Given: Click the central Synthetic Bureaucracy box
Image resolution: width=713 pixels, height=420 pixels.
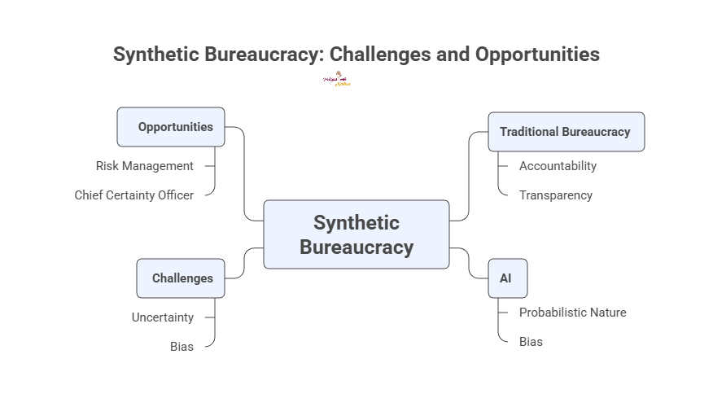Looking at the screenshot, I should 356,234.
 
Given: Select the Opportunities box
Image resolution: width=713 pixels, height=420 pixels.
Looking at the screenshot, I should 171,127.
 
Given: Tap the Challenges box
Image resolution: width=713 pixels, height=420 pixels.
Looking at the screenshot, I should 181,278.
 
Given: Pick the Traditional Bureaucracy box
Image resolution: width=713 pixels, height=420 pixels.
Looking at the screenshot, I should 566,132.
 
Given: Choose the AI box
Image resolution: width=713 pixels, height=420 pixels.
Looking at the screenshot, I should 507,278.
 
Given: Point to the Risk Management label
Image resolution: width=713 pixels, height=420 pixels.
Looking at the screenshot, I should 145,166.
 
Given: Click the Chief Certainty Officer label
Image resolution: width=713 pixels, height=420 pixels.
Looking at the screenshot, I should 134,195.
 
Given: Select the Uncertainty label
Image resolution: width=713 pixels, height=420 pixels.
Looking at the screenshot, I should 163,317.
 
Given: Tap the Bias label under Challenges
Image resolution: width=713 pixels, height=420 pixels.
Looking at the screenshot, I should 182,347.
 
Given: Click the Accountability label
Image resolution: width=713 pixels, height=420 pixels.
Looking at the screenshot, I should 558,166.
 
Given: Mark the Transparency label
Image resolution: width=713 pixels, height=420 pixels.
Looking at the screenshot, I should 556,195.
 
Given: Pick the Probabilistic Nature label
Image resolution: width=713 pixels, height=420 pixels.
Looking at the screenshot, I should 572,313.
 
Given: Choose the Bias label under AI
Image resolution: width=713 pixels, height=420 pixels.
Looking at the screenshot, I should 531,342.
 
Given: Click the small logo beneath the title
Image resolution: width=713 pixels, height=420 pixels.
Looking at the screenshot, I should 338,80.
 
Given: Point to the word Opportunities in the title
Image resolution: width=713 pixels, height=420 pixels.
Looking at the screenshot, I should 537,55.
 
